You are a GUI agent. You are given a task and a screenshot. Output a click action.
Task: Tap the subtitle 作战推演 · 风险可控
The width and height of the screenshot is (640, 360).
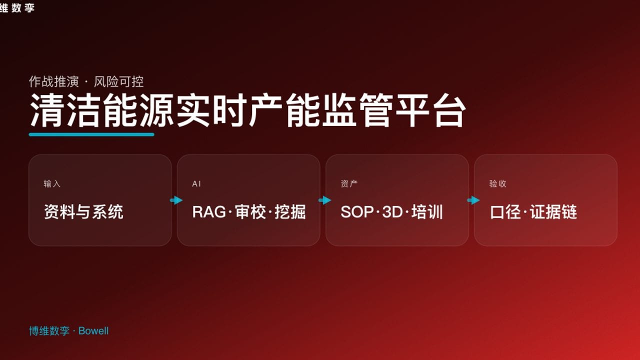pos(86,81)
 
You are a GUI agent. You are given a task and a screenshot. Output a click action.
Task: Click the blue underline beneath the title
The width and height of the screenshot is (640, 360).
pos(91,134)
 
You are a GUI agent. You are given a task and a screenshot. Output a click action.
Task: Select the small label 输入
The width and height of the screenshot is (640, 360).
pos(52,184)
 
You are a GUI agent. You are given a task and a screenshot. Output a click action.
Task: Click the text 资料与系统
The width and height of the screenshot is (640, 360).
pos(83,212)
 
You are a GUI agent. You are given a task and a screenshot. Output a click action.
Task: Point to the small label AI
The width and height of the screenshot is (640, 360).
pos(196,184)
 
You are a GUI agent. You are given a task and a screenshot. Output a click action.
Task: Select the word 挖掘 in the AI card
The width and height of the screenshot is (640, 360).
pos(290,212)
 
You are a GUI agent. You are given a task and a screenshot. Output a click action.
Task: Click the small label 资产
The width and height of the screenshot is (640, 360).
pos(349,184)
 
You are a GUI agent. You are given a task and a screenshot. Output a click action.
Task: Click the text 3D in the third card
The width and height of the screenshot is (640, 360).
pos(392,212)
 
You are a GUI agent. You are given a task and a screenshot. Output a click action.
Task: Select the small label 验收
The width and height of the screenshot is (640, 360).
pos(498,184)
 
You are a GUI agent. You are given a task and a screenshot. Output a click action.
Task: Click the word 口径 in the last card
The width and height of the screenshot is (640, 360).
pos(505,212)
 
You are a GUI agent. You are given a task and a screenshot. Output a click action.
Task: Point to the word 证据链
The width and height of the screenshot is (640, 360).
pos(553,212)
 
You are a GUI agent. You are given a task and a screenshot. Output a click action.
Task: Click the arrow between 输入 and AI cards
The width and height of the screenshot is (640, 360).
pos(176,200)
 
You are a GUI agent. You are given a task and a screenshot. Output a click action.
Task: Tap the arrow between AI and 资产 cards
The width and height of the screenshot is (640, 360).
pos(324,200)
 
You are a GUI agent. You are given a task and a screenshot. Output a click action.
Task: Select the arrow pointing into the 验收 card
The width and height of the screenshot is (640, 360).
pos(473,200)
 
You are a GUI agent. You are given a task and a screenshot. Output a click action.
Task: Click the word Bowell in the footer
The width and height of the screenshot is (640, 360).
pos(93,331)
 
